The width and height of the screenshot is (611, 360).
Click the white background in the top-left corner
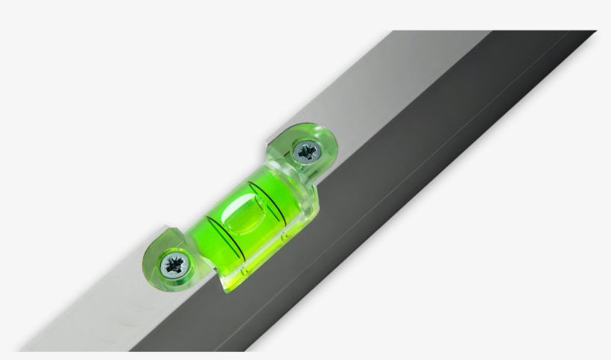[30, 30]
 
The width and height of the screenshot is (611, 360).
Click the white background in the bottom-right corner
[581, 328]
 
